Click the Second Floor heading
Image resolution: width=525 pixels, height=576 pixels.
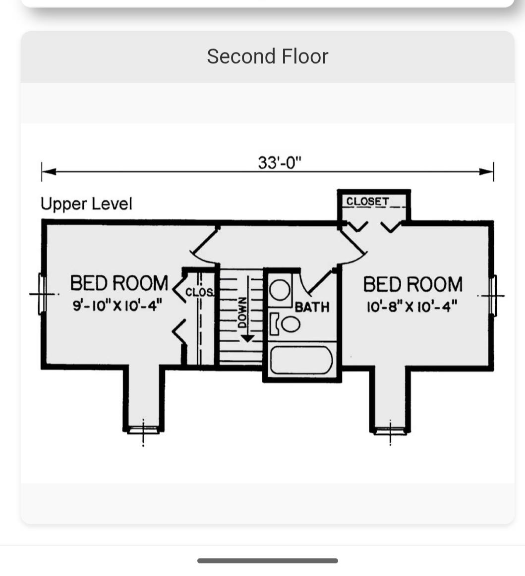click(x=267, y=56)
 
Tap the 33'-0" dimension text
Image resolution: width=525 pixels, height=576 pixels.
click(x=280, y=162)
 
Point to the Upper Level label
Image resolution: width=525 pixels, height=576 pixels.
click(x=86, y=204)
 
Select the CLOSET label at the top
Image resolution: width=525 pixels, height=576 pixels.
click(x=367, y=201)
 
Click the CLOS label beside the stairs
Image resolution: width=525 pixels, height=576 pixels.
click(x=199, y=292)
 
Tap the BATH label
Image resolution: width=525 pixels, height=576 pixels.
click(x=312, y=307)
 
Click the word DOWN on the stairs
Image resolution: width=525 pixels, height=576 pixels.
click(x=242, y=312)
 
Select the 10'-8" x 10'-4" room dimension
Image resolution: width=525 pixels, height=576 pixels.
click(x=412, y=306)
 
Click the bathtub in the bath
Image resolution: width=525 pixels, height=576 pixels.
click(x=301, y=360)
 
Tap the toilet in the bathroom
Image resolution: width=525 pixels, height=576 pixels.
click(x=285, y=323)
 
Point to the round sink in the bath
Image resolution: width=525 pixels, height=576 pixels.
click(x=280, y=290)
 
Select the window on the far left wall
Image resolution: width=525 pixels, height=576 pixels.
click(x=42, y=294)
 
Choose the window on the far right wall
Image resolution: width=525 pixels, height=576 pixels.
click(x=492, y=295)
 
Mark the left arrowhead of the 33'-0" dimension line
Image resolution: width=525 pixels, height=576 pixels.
click(x=49, y=171)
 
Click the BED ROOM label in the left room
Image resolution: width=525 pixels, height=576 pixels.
click(x=119, y=283)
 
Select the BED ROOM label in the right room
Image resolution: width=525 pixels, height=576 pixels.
click(x=412, y=284)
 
